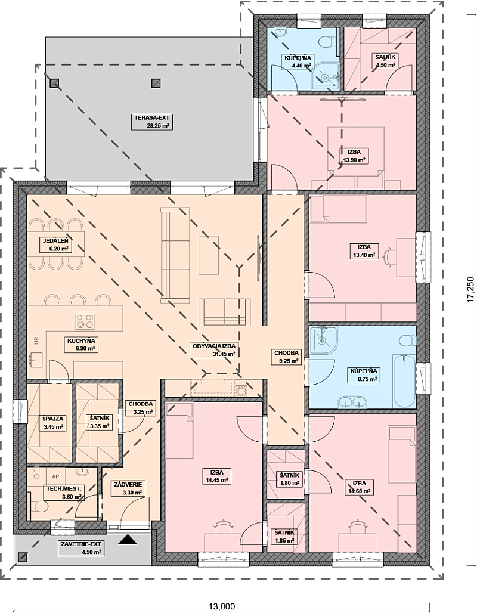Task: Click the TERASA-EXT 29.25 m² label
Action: click(x=151, y=122)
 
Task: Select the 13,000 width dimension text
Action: click(x=222, y=607)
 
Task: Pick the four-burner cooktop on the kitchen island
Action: click(x=85, y=321)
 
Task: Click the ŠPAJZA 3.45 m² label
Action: click(x=52, y=423)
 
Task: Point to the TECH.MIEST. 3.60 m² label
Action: click(x=64, y=493)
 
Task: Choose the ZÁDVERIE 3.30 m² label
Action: click(x=128, y=488)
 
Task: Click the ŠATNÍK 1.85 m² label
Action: click(x=284, y=537)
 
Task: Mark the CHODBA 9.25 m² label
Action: click(x=287, y=357)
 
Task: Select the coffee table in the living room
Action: click(x=209, y=255)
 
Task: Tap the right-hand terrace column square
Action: click(x=156, y=83)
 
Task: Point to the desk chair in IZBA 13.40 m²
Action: click(x=388, y=258)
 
